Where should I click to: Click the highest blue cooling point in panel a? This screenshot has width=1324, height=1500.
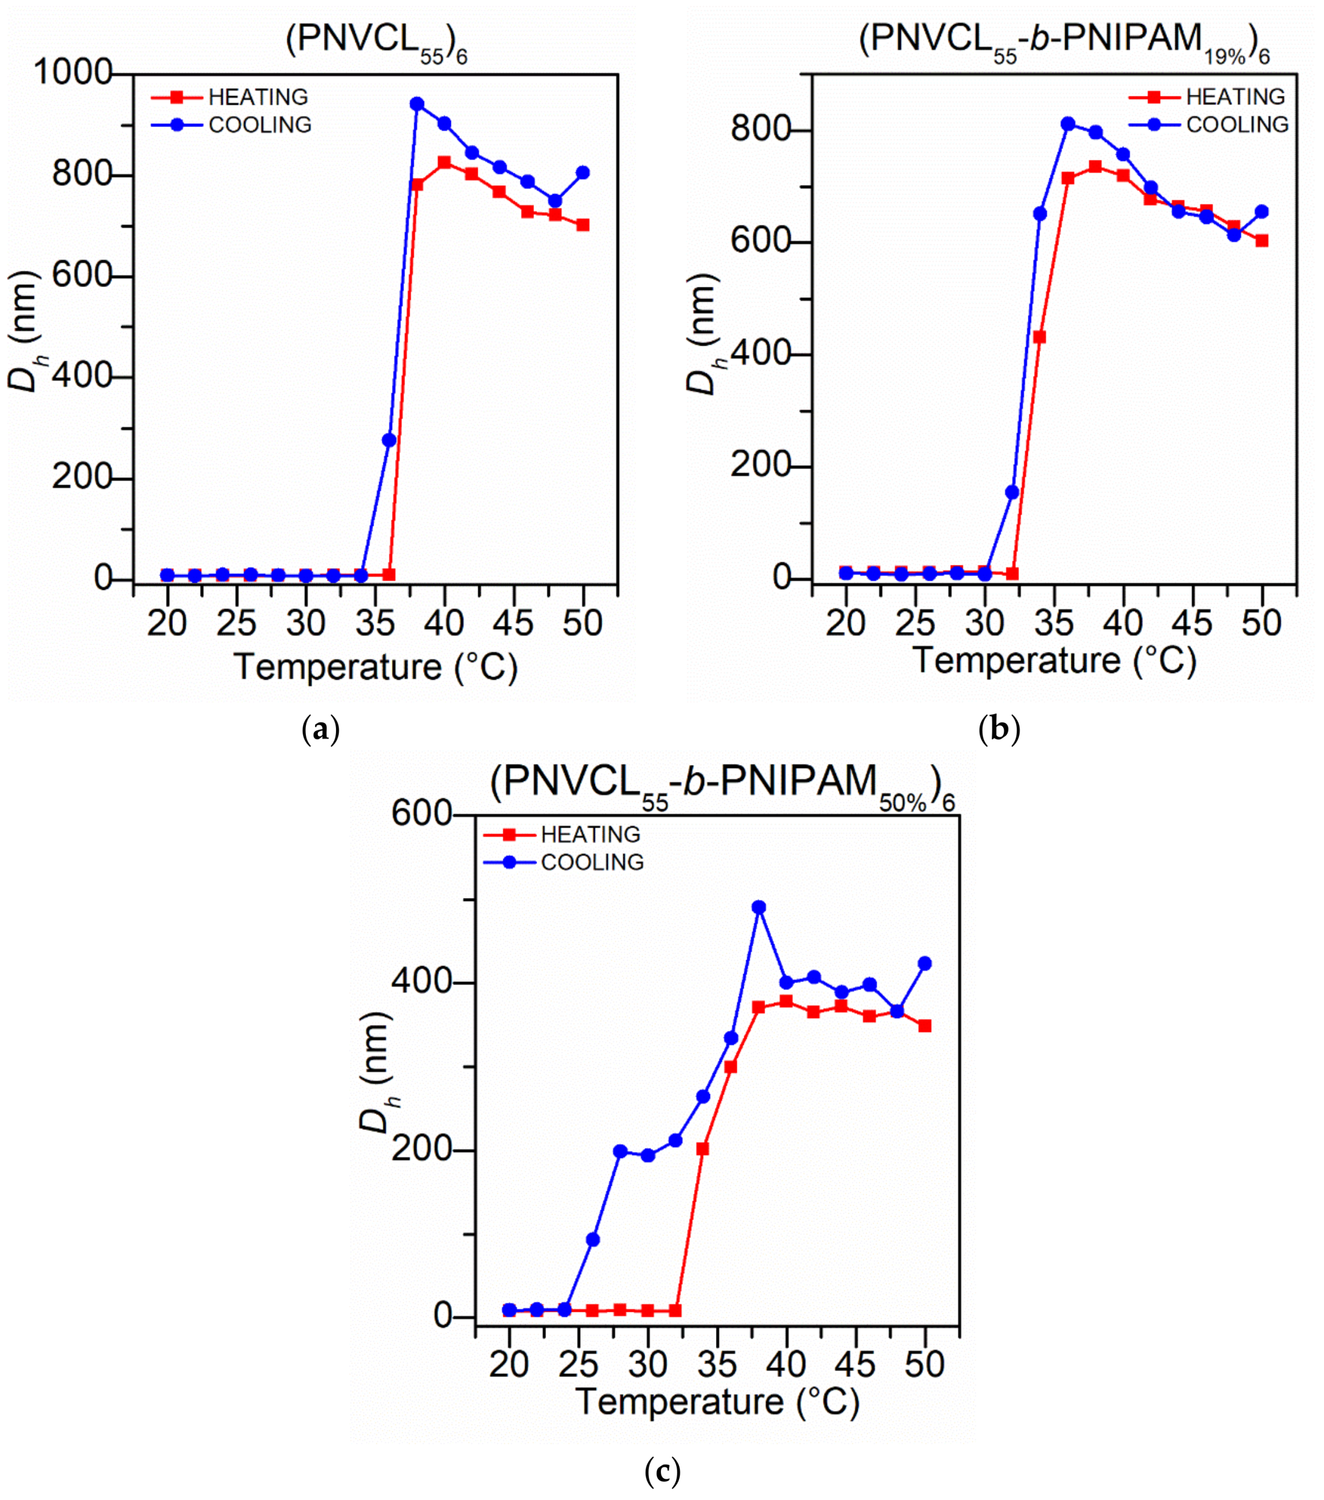coord(417,104)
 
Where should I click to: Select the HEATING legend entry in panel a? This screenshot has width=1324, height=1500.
coord(230,97)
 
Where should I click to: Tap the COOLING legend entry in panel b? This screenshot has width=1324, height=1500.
coord(1208,125)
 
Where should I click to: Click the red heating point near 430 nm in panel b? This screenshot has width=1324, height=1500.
coord(1039,337)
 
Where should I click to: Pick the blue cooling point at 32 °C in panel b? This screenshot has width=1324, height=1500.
coord(1012,492)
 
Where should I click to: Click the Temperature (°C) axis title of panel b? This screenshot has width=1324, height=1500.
coord(1054,660)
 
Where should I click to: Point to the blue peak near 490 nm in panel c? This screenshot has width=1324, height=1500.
coord(759,908)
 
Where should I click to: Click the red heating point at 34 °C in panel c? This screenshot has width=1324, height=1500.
coord(702,1148)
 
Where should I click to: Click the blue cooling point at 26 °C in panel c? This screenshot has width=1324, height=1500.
coord(592,1239)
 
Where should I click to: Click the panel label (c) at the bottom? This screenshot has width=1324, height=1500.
coord(662,1472)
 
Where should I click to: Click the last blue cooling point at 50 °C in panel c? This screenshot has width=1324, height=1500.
coord(925,963)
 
